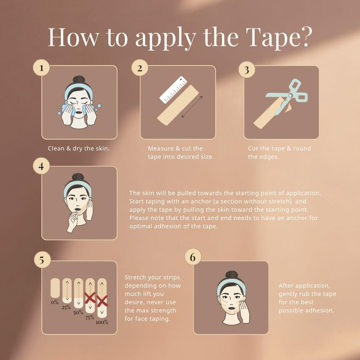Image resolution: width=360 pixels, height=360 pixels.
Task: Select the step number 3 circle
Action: point(247,70)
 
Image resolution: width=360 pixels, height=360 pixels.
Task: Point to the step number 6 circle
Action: point(193,257)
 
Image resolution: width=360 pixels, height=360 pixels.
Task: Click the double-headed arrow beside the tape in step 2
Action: point(192,107)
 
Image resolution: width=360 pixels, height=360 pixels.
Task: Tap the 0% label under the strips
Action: point(55,302)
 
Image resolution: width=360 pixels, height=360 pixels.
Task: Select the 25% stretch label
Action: point(66,307)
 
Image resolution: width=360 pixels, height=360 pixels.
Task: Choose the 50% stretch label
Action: point(78,312)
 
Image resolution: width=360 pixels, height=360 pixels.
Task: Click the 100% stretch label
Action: point(102,322)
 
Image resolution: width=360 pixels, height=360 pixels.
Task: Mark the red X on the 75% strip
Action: point(90,298)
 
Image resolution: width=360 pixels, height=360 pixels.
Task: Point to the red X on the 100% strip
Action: point(102,301)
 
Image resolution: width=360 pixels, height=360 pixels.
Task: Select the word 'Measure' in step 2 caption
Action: point(160,148)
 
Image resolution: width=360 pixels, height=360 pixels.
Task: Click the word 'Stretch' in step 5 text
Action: point(135,278)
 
